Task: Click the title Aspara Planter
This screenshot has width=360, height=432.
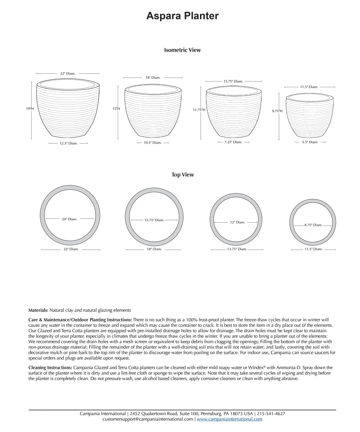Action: click(182, 16)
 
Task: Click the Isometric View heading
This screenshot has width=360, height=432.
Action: click(182, 50)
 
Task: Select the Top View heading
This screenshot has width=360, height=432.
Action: click(183, 175)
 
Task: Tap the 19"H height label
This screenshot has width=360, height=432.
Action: click(30, 109)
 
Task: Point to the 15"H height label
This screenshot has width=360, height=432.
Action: click(116, 109)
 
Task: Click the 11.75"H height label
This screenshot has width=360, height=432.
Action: click(199, 110)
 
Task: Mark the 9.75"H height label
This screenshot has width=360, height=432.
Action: click(277, 111)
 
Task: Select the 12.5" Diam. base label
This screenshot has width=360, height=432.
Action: click(69, 143)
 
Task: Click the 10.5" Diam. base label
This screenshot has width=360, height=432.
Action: click(153, 143)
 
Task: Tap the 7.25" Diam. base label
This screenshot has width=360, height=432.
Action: click(233, 142)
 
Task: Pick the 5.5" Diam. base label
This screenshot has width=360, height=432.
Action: click(310, 142)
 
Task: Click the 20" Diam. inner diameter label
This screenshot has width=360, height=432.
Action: click(69, 219)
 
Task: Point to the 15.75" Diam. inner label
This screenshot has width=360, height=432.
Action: click(154, 220)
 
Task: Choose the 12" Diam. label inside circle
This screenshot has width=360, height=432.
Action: click(237, 222)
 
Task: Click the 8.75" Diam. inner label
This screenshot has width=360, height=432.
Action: click(313, 225)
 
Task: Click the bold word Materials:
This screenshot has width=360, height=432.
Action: click(38, 310)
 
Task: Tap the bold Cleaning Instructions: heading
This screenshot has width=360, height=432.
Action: click(50, 368)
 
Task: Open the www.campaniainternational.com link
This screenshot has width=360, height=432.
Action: click(230, 419)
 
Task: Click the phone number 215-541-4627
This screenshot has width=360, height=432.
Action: click(271, 414)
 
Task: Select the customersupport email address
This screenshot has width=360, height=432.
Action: click(147, 419)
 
